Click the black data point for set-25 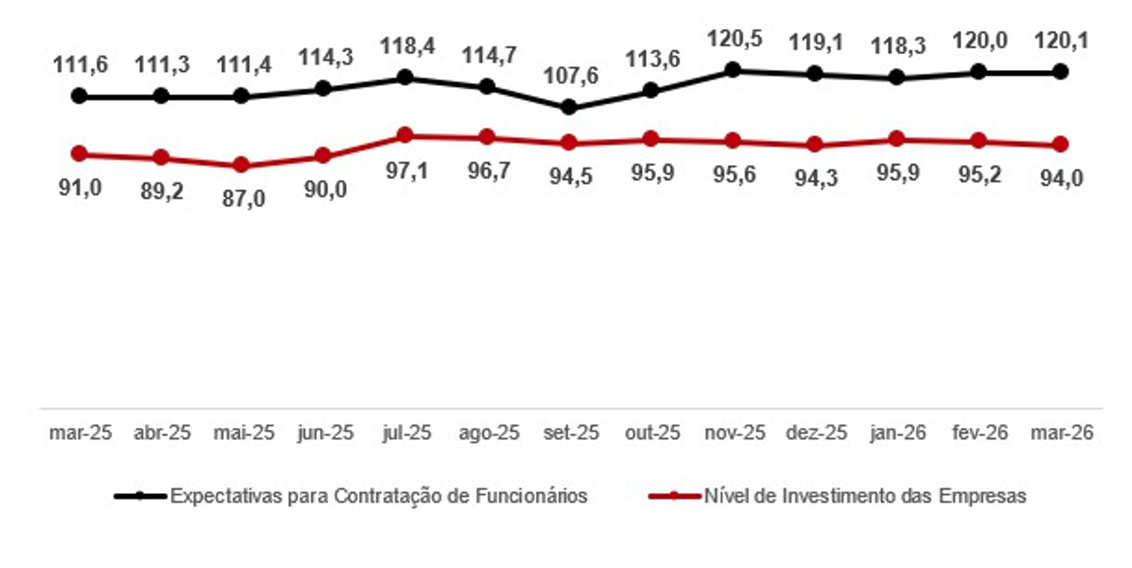click(x=568, y=107)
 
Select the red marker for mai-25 click(x=241, y=165)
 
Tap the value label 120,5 click(x=733, y=39)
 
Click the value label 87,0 click(x=241, y=198)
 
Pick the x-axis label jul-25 click(x=405, y=433)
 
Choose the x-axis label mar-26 click(x=1060, y=433)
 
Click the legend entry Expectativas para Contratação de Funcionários click(x=379, y=496)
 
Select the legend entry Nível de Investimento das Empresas click(x=865, y=496)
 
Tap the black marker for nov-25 click(x=733, y=70)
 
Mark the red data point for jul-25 click(x=405, y=135)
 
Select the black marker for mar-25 click(x=80, y=96)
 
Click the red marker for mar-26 click(x=1060, y=145)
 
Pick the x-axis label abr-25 click(x=161, y=433)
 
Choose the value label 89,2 click(x=161, y=192)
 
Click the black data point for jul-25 click(x=405, y=77)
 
